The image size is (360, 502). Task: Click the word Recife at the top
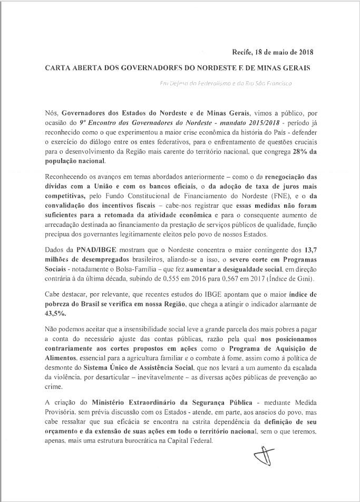[x=243, y=52]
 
